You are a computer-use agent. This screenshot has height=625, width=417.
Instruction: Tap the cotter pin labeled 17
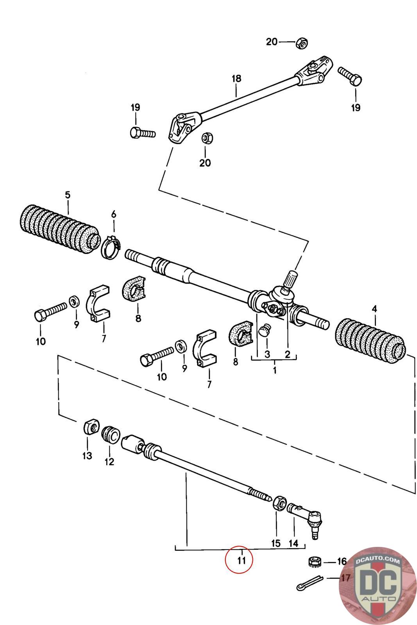[x=310, y=582]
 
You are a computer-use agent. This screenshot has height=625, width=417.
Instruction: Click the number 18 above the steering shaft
[x=236, y=79]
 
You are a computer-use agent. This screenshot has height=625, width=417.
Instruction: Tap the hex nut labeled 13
[x=91, y=426]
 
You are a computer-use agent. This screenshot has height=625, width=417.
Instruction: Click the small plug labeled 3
[x=265, y=330]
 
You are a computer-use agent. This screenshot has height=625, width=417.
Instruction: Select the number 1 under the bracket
[x=275, y=370]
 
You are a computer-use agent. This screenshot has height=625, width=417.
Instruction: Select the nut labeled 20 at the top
[x=301, y=43]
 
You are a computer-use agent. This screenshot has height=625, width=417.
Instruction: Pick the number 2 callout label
[x=288, y=354]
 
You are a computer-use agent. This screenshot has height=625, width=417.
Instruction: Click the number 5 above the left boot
[x=68, y=195]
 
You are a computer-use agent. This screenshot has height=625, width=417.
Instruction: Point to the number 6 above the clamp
[x=114, y=214]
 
